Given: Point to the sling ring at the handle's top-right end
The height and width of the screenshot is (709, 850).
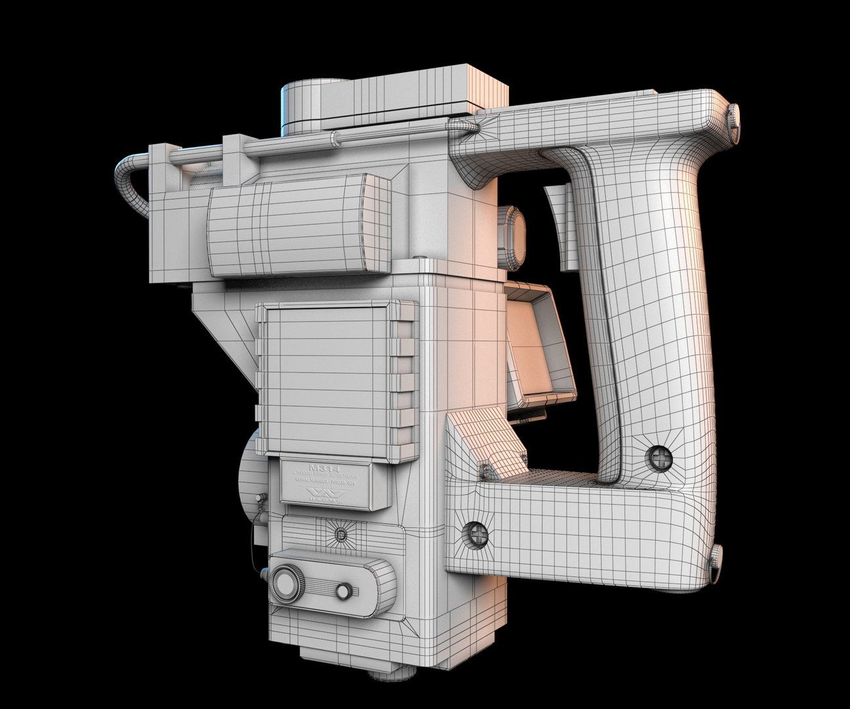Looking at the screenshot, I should pos(737,118).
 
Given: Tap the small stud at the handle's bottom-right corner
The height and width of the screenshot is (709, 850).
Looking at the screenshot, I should pos(715,556).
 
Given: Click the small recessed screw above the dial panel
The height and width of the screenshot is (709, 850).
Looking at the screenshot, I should pos(340,533).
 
